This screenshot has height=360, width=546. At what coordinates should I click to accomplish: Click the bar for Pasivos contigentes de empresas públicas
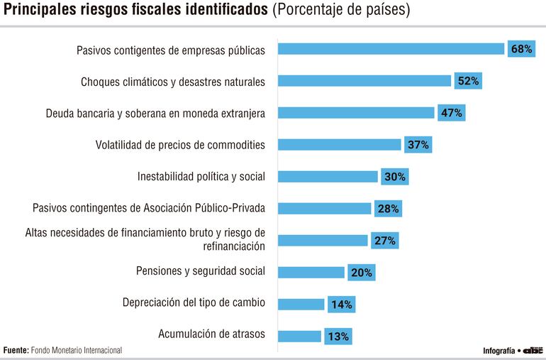(390, 49)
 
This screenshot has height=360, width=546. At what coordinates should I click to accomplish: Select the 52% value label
(468, 81)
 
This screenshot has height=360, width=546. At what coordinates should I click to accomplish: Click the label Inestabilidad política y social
(201, 177)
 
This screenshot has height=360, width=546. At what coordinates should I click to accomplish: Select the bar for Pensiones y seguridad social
(311, 272)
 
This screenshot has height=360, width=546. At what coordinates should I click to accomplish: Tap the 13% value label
(338, 337)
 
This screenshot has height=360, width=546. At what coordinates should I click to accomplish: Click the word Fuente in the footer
(16, 350)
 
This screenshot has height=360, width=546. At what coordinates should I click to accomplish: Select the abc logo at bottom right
(533, 350)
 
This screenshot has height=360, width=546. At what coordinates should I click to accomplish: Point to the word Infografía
(498, 351)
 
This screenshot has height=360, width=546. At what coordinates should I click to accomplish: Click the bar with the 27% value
(323, 240)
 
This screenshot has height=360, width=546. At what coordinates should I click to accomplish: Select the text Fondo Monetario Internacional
(77, 350)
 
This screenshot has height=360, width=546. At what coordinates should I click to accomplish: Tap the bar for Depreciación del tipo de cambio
(301, 304)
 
